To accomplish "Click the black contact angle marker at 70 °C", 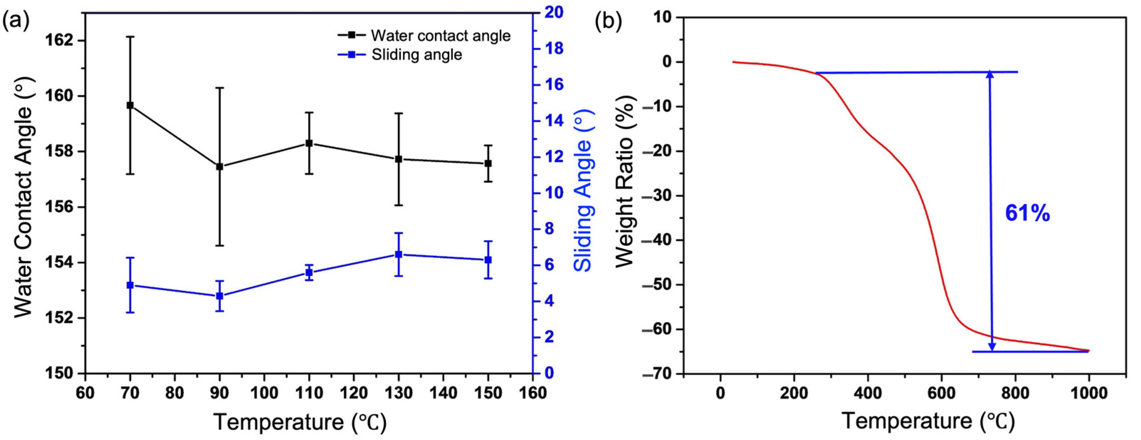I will click(130, 105).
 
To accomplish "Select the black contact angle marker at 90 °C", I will click(219, 167).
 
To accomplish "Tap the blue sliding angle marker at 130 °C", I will click(399, 254).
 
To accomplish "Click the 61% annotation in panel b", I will click(1027, 214).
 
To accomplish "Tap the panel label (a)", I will click(16, 21).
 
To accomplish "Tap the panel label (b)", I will click(608, 21).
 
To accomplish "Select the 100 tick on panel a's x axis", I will click(264, 393).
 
